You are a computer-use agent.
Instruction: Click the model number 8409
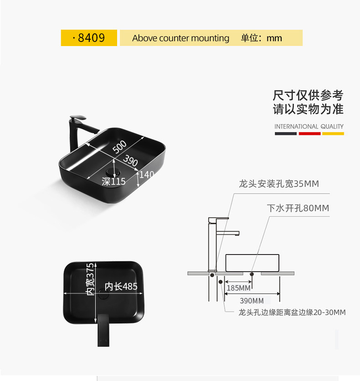(x=91, y=38)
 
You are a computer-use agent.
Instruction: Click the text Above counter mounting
(x=180, y=38)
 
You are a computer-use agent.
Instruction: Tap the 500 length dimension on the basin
(x=119, y=147)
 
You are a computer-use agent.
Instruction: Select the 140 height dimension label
(x=147, y=175)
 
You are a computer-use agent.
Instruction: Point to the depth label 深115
(x=113, y=182)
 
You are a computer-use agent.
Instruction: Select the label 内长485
(x=121, y=287)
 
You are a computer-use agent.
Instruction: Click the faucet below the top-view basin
(x=104, y=331)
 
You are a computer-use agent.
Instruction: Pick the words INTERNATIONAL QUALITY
(x=309, y=126)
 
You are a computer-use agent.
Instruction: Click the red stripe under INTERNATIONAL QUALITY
(x=309, y=134)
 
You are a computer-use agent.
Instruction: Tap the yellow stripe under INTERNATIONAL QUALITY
(x=333, y=134)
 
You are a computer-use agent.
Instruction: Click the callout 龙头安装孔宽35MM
(x=279, y=184)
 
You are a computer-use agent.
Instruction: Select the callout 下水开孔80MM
(x=298, y=209)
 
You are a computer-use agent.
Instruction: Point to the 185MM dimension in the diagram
(x=239, y=288)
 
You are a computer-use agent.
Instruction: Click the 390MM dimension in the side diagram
(x=252, y=301)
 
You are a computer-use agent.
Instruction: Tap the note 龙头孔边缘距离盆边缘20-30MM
(x=292, y=313)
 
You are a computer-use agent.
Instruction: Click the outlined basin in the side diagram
(x=252, y=262)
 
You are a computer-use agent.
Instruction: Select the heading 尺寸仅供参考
(x=308, y=96)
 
